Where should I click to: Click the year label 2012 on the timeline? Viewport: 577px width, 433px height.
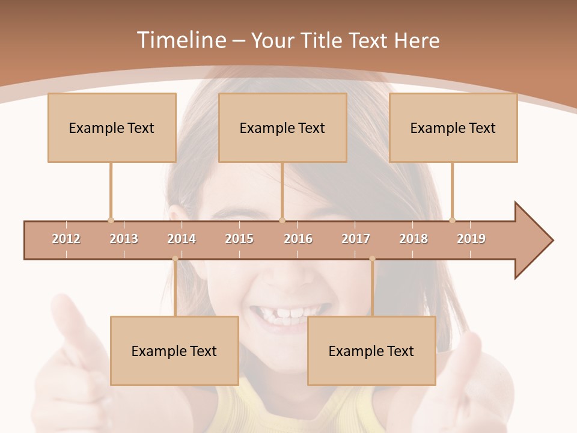tap(66, 239)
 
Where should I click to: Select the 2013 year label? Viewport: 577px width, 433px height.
tap(124, 239)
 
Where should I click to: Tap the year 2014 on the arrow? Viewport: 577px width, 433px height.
tap(182, 239)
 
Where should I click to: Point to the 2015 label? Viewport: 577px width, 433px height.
tap(239, 239)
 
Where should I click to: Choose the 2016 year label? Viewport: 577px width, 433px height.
tap(298, 239)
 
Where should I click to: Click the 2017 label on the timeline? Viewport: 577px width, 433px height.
tap(356, 239)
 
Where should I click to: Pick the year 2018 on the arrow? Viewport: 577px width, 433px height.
tap(414, 239)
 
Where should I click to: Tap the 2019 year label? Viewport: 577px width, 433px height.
tap(471, 239)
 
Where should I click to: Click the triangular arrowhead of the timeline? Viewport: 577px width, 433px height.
tap(531, 241)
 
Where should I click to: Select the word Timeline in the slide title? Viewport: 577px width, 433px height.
tap(180, 40)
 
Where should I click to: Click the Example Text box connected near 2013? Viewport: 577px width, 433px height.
tap(112, 127)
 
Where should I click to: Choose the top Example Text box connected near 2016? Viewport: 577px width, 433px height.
tap(282, 127)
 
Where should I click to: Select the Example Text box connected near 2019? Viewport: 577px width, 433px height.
tap(453, 127)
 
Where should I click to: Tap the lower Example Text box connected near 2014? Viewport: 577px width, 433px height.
tap(174, 351)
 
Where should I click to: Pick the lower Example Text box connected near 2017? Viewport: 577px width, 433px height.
tap(371, 351)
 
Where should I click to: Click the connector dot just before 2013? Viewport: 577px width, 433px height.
tap(111, 220)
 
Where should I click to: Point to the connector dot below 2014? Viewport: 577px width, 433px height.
tap(175, 259)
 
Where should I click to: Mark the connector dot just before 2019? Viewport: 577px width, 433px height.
tap(452, 220)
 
